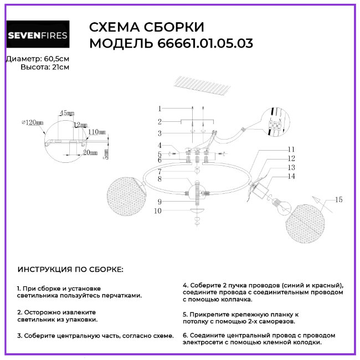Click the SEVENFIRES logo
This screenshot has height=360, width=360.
(38, 37)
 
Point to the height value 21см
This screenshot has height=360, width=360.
(60, 67)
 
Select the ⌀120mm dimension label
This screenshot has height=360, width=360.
(32, 122)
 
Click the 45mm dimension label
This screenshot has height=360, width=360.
(66, 113)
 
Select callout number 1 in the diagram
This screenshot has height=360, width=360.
(159, 109)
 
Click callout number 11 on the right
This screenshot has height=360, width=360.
(292, 150)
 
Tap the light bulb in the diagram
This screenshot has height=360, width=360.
(280, 206)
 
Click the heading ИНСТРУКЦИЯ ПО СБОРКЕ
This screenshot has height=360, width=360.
(71, 269)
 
